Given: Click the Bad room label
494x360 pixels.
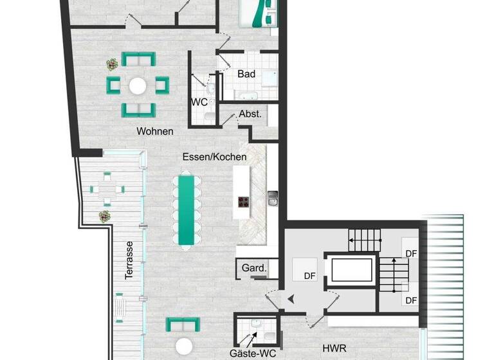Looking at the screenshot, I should [x=246, y=75].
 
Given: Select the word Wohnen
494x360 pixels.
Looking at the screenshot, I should [x=154, y=131].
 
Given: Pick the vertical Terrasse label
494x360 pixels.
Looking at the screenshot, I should [x=129, y=260].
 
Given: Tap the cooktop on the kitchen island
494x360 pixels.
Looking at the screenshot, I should [x=244, y=203].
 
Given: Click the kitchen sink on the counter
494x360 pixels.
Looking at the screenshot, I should [x=272, y=198].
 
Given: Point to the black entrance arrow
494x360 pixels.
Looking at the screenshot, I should [x=291, y=298].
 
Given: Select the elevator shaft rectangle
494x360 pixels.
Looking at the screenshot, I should [x=351, y=269].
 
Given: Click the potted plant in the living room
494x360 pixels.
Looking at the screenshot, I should [x=113, y=64].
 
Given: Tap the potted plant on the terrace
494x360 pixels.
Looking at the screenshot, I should [x=104, y=216].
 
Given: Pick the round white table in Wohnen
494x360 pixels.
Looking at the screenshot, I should [x=138, y=85].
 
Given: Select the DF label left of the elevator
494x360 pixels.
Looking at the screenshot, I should [x=309, y=276].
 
